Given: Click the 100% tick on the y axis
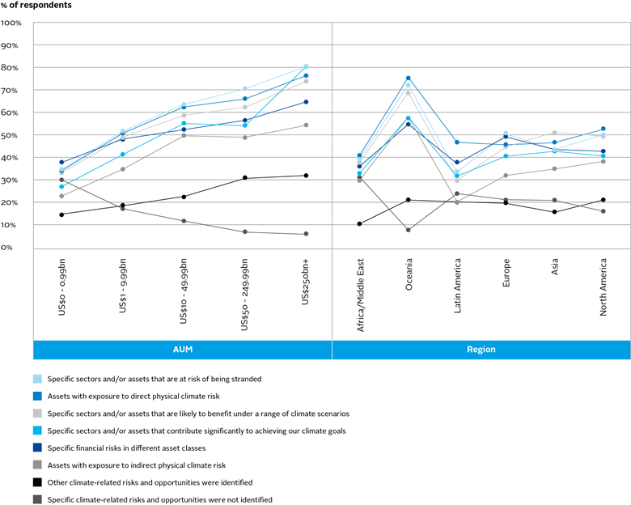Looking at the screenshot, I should pos(11,23).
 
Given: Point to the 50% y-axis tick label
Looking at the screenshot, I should pos(11,135).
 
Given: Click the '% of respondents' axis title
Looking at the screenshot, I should pos(36,6).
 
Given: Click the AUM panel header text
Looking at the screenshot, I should pos(182,350).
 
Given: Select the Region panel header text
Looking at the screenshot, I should pos(481,350).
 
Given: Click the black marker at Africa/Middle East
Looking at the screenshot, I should pos(359,224).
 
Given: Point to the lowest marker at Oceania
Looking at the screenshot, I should pos(409,230).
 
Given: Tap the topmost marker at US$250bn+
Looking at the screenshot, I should pos(305,66).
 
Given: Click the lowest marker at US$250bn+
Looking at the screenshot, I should pos(305,234).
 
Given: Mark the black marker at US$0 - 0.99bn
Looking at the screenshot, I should pos(61,214).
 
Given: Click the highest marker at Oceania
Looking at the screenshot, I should pos(409,79).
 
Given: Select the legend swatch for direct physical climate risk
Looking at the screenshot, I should pos(38,396).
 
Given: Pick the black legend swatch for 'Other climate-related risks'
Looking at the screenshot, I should pos(38,483).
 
